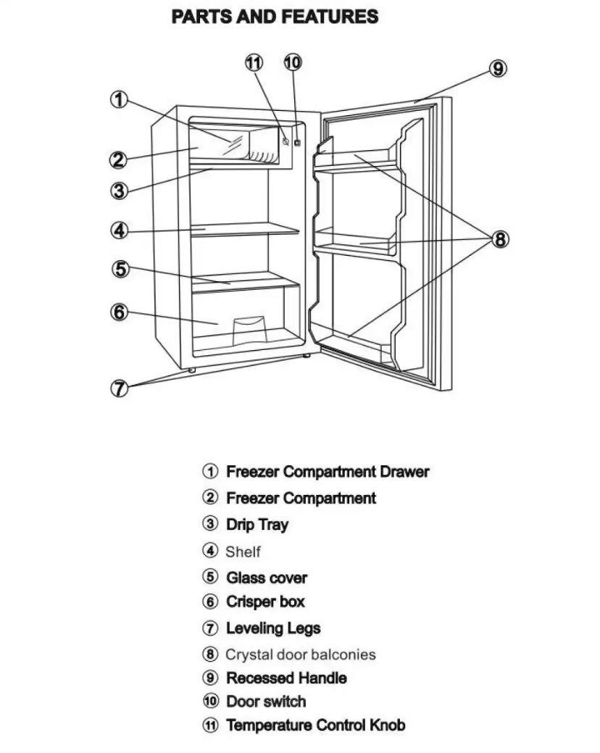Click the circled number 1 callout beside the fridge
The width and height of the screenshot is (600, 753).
click(120, 99)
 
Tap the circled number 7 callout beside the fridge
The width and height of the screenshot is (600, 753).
click(120, 388)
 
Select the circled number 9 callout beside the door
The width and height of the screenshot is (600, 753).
click(497, 69)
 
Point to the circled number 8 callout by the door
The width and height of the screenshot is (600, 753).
click(500, 239)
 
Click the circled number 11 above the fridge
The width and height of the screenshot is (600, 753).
click(254, 63)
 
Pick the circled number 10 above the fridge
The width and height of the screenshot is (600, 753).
click(292, 63)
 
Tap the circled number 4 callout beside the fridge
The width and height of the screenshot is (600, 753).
click(120, 231)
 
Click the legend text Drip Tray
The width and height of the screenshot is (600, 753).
click(257, 525)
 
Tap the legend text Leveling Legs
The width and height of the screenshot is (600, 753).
click(273, 628)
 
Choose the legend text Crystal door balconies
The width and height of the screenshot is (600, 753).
click(300, 654)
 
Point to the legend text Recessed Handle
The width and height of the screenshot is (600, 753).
click(286, 678)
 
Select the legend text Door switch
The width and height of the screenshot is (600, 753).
click(266, 702)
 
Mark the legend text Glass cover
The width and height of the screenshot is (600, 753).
click(267, 578)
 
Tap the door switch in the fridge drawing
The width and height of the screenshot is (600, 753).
click(297, 143)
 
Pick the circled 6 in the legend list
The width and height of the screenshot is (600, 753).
click(210, 602)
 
